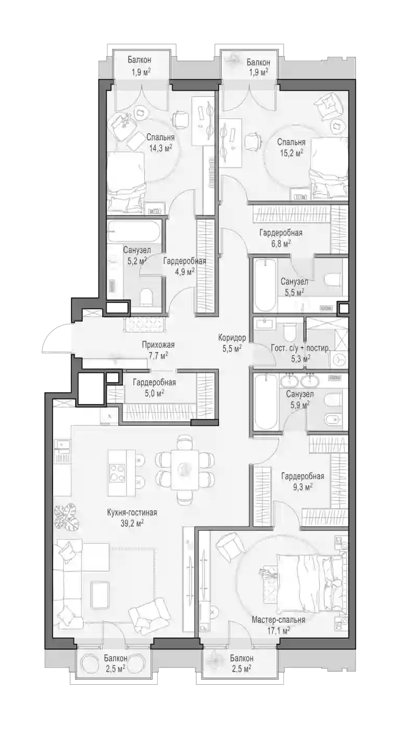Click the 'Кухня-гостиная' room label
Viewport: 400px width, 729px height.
coord(132,513)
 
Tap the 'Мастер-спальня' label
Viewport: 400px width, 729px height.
coord(278,620)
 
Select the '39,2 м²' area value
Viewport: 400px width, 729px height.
coord(132,523)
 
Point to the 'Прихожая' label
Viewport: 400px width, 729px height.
coord(158,345)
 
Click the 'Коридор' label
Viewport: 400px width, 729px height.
coord(232,337)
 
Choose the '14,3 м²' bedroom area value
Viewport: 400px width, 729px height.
coord(160,148)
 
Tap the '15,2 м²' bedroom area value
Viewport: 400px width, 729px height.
coord(291,153)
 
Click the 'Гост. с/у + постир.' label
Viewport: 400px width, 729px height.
coord(301,348)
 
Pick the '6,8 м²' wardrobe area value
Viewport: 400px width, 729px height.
coord(281,244)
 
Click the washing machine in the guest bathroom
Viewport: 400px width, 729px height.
coord(339,359)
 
